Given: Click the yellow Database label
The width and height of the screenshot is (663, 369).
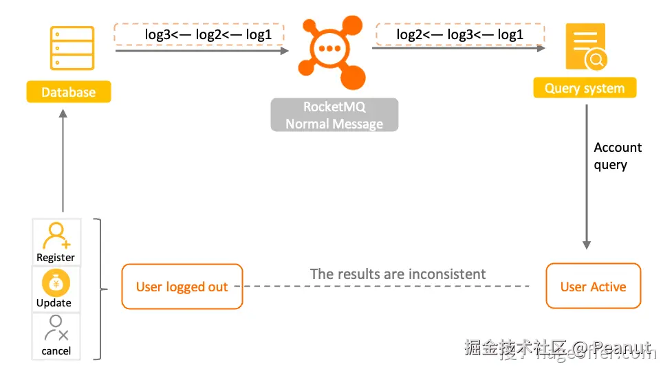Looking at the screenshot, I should (69, 92).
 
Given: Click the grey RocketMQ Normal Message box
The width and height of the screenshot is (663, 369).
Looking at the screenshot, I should (334, 115).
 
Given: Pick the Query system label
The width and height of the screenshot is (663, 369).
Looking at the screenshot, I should (585, 88).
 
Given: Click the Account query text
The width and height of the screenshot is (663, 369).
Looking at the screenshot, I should (617, 156).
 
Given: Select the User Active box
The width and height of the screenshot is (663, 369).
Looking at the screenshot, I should (593, 287).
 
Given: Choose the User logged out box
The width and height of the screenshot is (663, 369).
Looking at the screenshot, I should (182, 287).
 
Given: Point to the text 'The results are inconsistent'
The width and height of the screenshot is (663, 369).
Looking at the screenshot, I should (398, 274).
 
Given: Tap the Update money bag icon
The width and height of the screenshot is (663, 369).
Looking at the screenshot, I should (56, 282).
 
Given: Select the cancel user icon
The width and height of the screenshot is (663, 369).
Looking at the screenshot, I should (56, 329).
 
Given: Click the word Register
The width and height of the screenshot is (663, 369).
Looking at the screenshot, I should (56, 258).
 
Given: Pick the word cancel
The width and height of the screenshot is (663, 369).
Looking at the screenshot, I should (56, 350).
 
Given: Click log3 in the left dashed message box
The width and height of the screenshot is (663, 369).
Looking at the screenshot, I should (159, 34).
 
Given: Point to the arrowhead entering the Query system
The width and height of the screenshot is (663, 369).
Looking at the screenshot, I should (541, 48).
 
